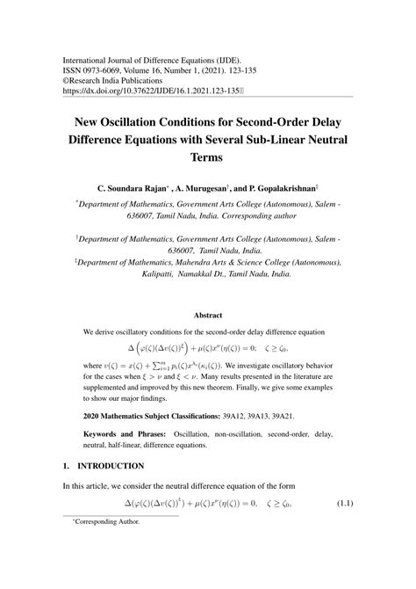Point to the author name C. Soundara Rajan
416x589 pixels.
pos(134,188)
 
